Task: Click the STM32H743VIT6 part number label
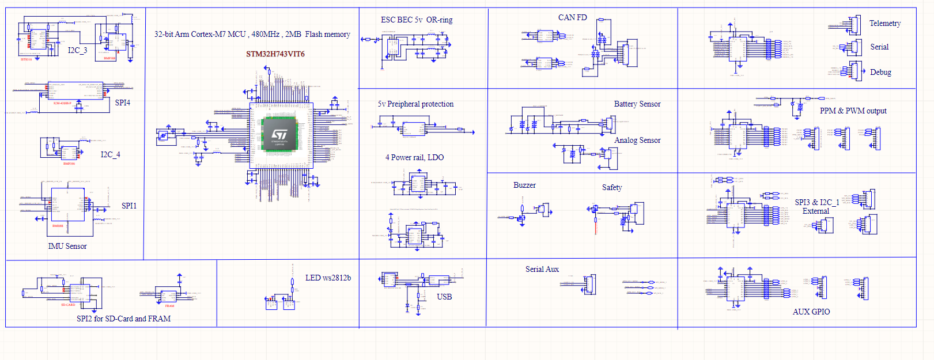[x=275, y=54]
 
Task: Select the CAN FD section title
[x=572, y=18]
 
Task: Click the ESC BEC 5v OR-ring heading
[x=417, y=20]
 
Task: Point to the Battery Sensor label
[x=637, y=104]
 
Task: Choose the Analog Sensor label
[x=637, y=141]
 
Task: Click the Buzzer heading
[x=524, y=185]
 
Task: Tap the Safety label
[x=612, y=188]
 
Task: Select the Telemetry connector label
[x=884, y=24]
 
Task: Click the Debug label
[x=880, y=73]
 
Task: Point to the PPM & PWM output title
[x=853, y=111]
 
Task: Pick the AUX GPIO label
[x=811, y=312]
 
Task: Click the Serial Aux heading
[x=542, y=270]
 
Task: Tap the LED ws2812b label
[x=328, y=278]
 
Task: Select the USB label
[x=444, y=297]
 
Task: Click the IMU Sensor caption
[x=67, y=247]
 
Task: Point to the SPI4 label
[x=123, y=103]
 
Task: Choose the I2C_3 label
[x=77, y=51]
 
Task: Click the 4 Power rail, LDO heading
[x=414, y=158]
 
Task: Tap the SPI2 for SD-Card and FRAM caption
[x=123, y=319]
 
